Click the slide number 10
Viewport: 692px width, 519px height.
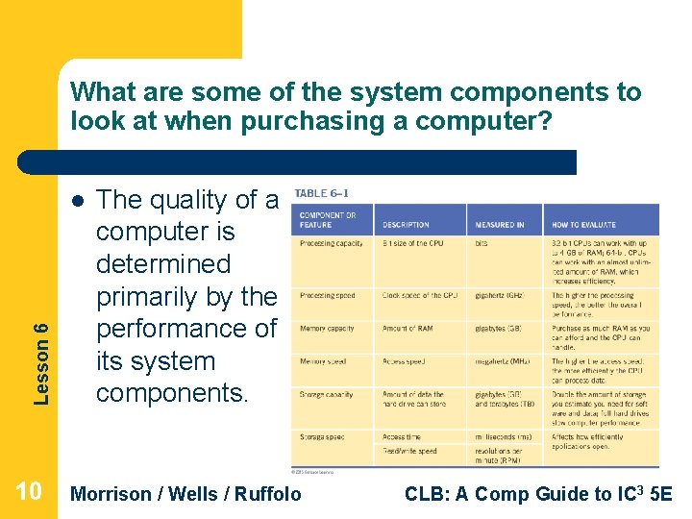click(28, 492)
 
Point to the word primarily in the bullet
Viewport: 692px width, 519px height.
click(154, 296)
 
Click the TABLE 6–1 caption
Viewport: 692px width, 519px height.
click(321, 192)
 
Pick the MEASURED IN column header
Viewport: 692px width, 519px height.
click(500, 225)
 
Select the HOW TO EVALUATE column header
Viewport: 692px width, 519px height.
click(580, 225)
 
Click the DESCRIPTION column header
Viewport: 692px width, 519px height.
click(406, 225)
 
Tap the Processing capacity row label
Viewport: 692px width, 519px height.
click(331, 244)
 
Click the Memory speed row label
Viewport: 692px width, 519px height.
click(322, 361)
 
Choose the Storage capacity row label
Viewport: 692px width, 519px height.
click(326, 394)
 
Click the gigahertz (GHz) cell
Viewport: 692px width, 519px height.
click(498, 296)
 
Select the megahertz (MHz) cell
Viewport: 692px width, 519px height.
click(500, 361)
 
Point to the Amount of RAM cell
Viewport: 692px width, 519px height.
click(407, 329)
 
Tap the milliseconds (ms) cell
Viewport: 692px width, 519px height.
click(502, 437)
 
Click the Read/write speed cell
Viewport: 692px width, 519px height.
click(409, 451)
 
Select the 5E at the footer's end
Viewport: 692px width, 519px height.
click(660, 494)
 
